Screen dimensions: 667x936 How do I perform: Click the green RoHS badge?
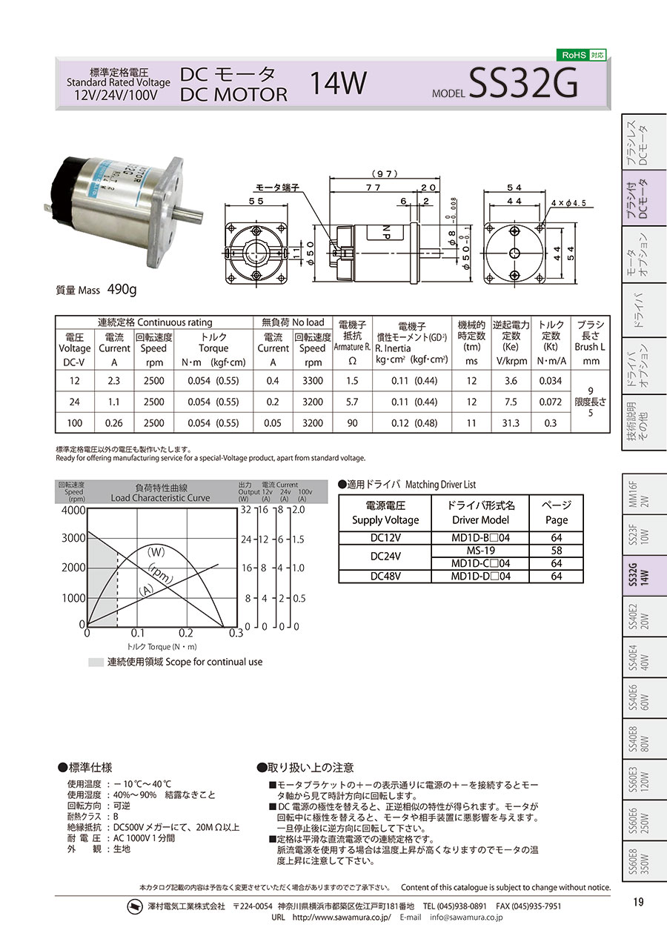pos(581,55)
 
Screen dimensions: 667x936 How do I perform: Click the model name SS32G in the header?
pos(523,83)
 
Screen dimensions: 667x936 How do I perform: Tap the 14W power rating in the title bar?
pos(338,83)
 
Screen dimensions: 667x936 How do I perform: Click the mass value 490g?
pos(122,289)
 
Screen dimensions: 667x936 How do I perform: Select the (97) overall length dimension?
pos(385,173)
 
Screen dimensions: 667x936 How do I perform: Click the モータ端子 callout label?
pos(277,187)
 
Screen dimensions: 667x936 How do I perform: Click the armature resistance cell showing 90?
pos(352,423)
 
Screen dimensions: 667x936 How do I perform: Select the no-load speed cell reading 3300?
pos(313,381)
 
